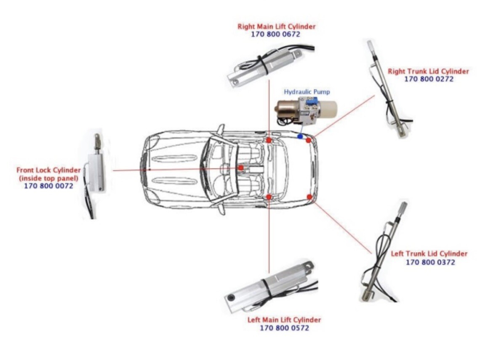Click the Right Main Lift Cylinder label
coord(276,27)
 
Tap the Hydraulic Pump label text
coord(307,91)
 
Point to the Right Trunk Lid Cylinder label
coord(428,71)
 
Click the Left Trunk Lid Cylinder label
coord(429,254)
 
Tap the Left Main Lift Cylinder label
coord(284,320)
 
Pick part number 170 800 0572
coord(284,328)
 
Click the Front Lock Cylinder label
coord(48,170)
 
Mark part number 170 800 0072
coord(48,186)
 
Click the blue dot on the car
coord(300,136)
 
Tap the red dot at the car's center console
coord(240,168)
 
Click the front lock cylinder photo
coord(97,173)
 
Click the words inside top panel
coord(48,178)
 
